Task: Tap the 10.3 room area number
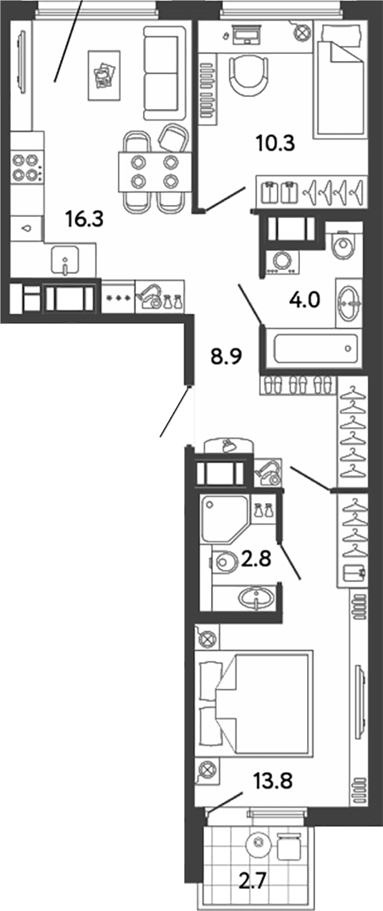275,143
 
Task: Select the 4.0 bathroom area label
305,302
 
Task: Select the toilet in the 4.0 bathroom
343,245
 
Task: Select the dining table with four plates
154,171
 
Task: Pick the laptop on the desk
245,34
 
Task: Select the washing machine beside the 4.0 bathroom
282,261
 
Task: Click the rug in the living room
104,75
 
